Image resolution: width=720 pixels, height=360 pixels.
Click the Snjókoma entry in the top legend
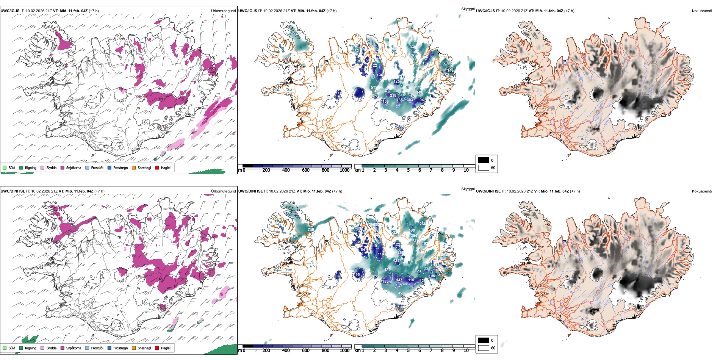tap(74, 167)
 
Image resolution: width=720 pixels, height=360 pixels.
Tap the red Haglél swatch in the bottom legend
tap(157, 348)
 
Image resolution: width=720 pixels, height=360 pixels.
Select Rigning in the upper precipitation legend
tap(30, 167)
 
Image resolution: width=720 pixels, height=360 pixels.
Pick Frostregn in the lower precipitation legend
tap(120, 348)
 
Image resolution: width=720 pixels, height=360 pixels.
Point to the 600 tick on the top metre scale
tap(306, 170)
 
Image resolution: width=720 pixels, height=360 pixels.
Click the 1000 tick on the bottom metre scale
tap(344, 351)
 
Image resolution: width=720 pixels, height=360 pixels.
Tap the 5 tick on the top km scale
tap(409, 170)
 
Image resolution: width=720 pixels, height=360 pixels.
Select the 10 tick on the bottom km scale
tap(466, 351)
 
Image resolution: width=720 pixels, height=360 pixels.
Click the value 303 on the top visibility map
tap(410, 100)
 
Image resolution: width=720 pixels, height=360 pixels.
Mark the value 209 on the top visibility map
tap(446, 63)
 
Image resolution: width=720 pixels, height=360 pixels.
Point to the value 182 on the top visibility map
tap(355, 51)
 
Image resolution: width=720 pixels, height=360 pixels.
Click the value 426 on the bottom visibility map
tap(401, 293)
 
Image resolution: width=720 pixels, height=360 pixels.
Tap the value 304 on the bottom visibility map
tap(414, 236)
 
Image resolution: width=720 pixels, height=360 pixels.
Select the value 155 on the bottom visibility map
tap(385, 282)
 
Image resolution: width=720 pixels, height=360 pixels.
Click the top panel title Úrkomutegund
tap(223, 11)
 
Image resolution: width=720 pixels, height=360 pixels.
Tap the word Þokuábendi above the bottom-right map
tap(702, 191)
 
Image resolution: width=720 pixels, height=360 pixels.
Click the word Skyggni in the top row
tap(468, 9)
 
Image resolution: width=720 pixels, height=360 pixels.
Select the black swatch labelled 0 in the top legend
tap(484, 160)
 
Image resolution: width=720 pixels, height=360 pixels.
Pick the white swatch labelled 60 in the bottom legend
tap(484, 348)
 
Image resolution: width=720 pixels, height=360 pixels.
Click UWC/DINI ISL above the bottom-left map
tap(13, 191)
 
